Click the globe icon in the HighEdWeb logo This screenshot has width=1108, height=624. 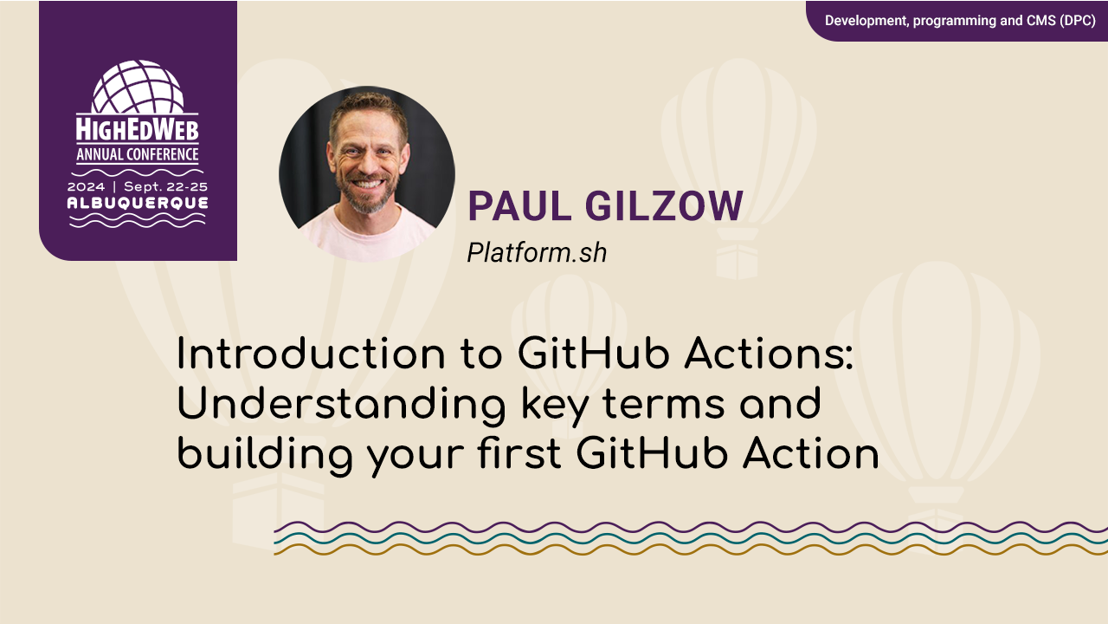138,88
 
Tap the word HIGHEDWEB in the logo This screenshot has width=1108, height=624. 138,130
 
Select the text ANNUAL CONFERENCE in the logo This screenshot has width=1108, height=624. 138,155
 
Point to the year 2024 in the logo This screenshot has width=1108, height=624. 87,186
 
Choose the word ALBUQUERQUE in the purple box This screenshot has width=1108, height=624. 138,203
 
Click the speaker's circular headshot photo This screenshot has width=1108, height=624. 367,173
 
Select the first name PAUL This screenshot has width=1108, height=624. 519,206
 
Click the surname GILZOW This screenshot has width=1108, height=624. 664,206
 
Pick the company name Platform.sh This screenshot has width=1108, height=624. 537,252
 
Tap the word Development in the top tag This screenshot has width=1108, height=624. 865,20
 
